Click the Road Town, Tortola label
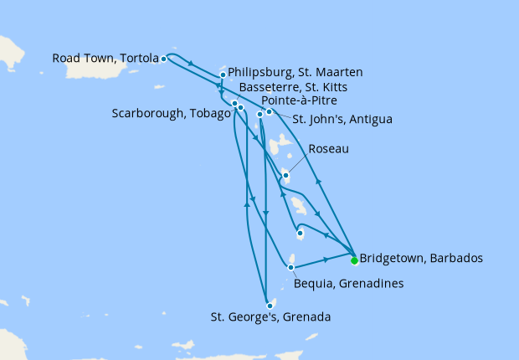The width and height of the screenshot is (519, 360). (105, 59)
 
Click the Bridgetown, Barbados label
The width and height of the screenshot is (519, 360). (420, 258)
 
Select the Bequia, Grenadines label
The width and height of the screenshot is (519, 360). (348, 284)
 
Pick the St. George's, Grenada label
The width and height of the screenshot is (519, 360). (270, 317)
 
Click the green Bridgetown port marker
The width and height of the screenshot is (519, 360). (354, 260)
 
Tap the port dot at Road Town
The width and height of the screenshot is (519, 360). (163, 59)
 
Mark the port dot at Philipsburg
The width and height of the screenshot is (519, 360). (223, 75)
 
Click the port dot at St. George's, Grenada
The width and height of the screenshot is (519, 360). (269, 306)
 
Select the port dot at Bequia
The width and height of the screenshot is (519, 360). (290, 268)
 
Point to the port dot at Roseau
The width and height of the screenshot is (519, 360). (286, 176)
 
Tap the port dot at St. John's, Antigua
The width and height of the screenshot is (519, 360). (269, 111)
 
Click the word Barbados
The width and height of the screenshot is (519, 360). (456, 258)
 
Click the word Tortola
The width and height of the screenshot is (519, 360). (139, 59)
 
